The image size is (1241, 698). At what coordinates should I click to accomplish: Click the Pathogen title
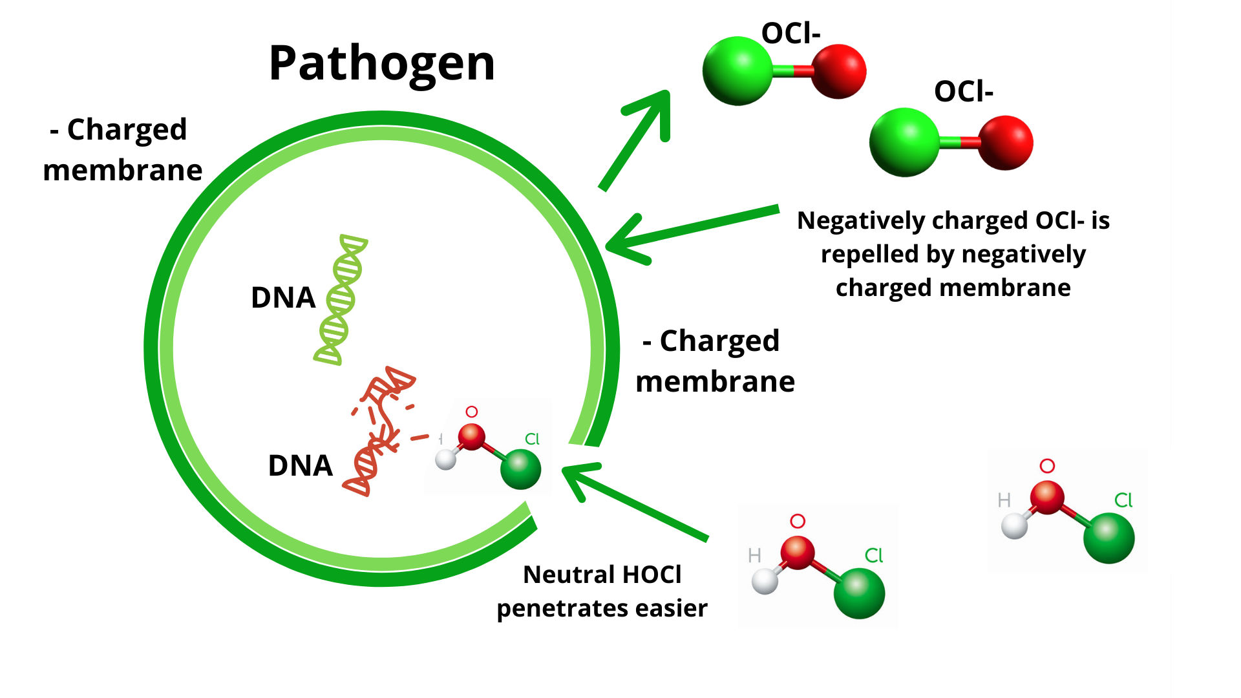[381, 63]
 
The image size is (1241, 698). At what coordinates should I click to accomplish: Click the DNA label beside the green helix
[282, 298]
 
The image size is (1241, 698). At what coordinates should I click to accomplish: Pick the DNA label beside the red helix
[300, 466]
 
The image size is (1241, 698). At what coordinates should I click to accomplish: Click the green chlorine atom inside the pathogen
[520, 469]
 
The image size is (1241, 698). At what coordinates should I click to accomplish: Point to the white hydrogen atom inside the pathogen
[445, 460]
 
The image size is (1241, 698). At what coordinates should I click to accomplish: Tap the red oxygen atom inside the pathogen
[471, 437]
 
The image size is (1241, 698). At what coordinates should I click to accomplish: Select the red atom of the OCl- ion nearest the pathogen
[838, 71]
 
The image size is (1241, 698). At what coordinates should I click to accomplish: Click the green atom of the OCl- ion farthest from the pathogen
[904, 142]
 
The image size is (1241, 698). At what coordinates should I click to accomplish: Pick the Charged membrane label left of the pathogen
[123, 150]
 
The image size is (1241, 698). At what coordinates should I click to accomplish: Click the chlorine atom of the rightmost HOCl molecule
[1108, 538]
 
